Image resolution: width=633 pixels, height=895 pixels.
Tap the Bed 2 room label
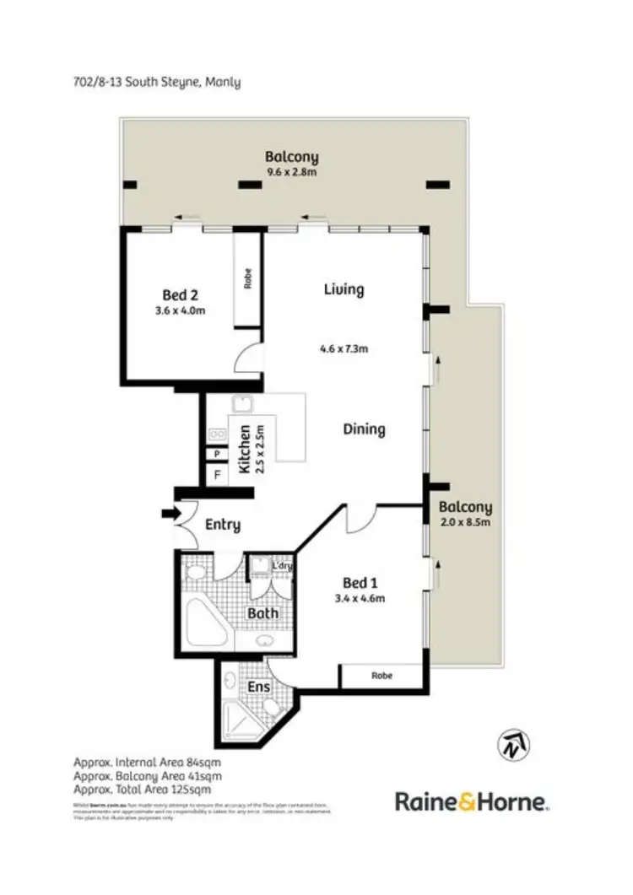[x=181, y=295]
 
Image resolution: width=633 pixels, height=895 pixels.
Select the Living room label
[x=344, y=289]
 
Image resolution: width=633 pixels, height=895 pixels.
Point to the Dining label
[x=364, y=429]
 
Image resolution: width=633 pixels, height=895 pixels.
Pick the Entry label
[x=223, y=525]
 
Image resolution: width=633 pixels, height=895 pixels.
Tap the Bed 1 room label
[x=355, y=583]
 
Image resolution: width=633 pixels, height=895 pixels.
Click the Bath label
[x=262, y=613]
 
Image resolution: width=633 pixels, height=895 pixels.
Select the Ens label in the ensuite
[x=258, y=687]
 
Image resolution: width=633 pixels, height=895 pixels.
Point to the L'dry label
[x=281, y=566]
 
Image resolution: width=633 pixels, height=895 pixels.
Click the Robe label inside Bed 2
[x=248, y=279]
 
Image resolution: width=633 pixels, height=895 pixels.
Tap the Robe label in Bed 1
[x=381, y=676]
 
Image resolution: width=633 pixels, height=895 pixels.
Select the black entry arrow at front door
[x=170, y=512]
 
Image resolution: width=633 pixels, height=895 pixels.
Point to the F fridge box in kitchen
[x=217, y=475]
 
